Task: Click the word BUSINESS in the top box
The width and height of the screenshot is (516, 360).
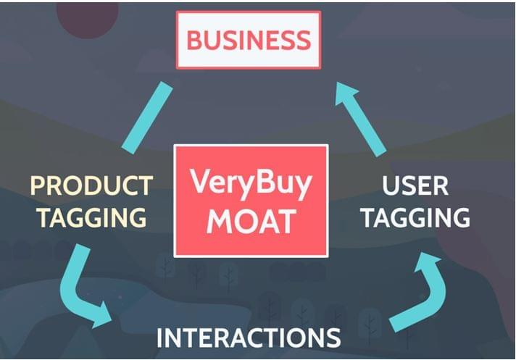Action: pyautogui.click(x=249, y=40)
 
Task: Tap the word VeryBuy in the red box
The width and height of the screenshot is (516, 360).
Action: pyautogui.click(x=251, y=182)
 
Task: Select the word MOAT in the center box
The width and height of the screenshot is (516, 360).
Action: pyautogui.click(x=251, y=221)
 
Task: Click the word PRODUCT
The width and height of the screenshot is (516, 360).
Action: pyautogui.click(x=91, y=185)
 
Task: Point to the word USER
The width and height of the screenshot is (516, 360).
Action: pyautogui.click(x=415, y=185)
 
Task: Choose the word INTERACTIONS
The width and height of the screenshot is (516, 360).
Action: pyautogui.click(x=249, y=338)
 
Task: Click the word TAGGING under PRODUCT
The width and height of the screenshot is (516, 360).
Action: pyautogui.click(x=91, y=217)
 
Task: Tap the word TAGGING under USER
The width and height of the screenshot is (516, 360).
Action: pyautogui.click(x=415, y=217)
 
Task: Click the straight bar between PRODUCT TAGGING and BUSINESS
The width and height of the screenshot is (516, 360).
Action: pyautogui.click(x=147, y=117)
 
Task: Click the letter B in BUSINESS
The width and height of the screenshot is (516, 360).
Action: pyautogui.click(x=194, y=40)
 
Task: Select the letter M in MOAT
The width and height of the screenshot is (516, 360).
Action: pyautogui.click(x=220, y=221)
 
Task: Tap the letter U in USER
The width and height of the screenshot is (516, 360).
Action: pyautogui.click(x=391, y=186)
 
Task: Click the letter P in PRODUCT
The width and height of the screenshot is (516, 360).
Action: pyautogui.click(x=38, y=185)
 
